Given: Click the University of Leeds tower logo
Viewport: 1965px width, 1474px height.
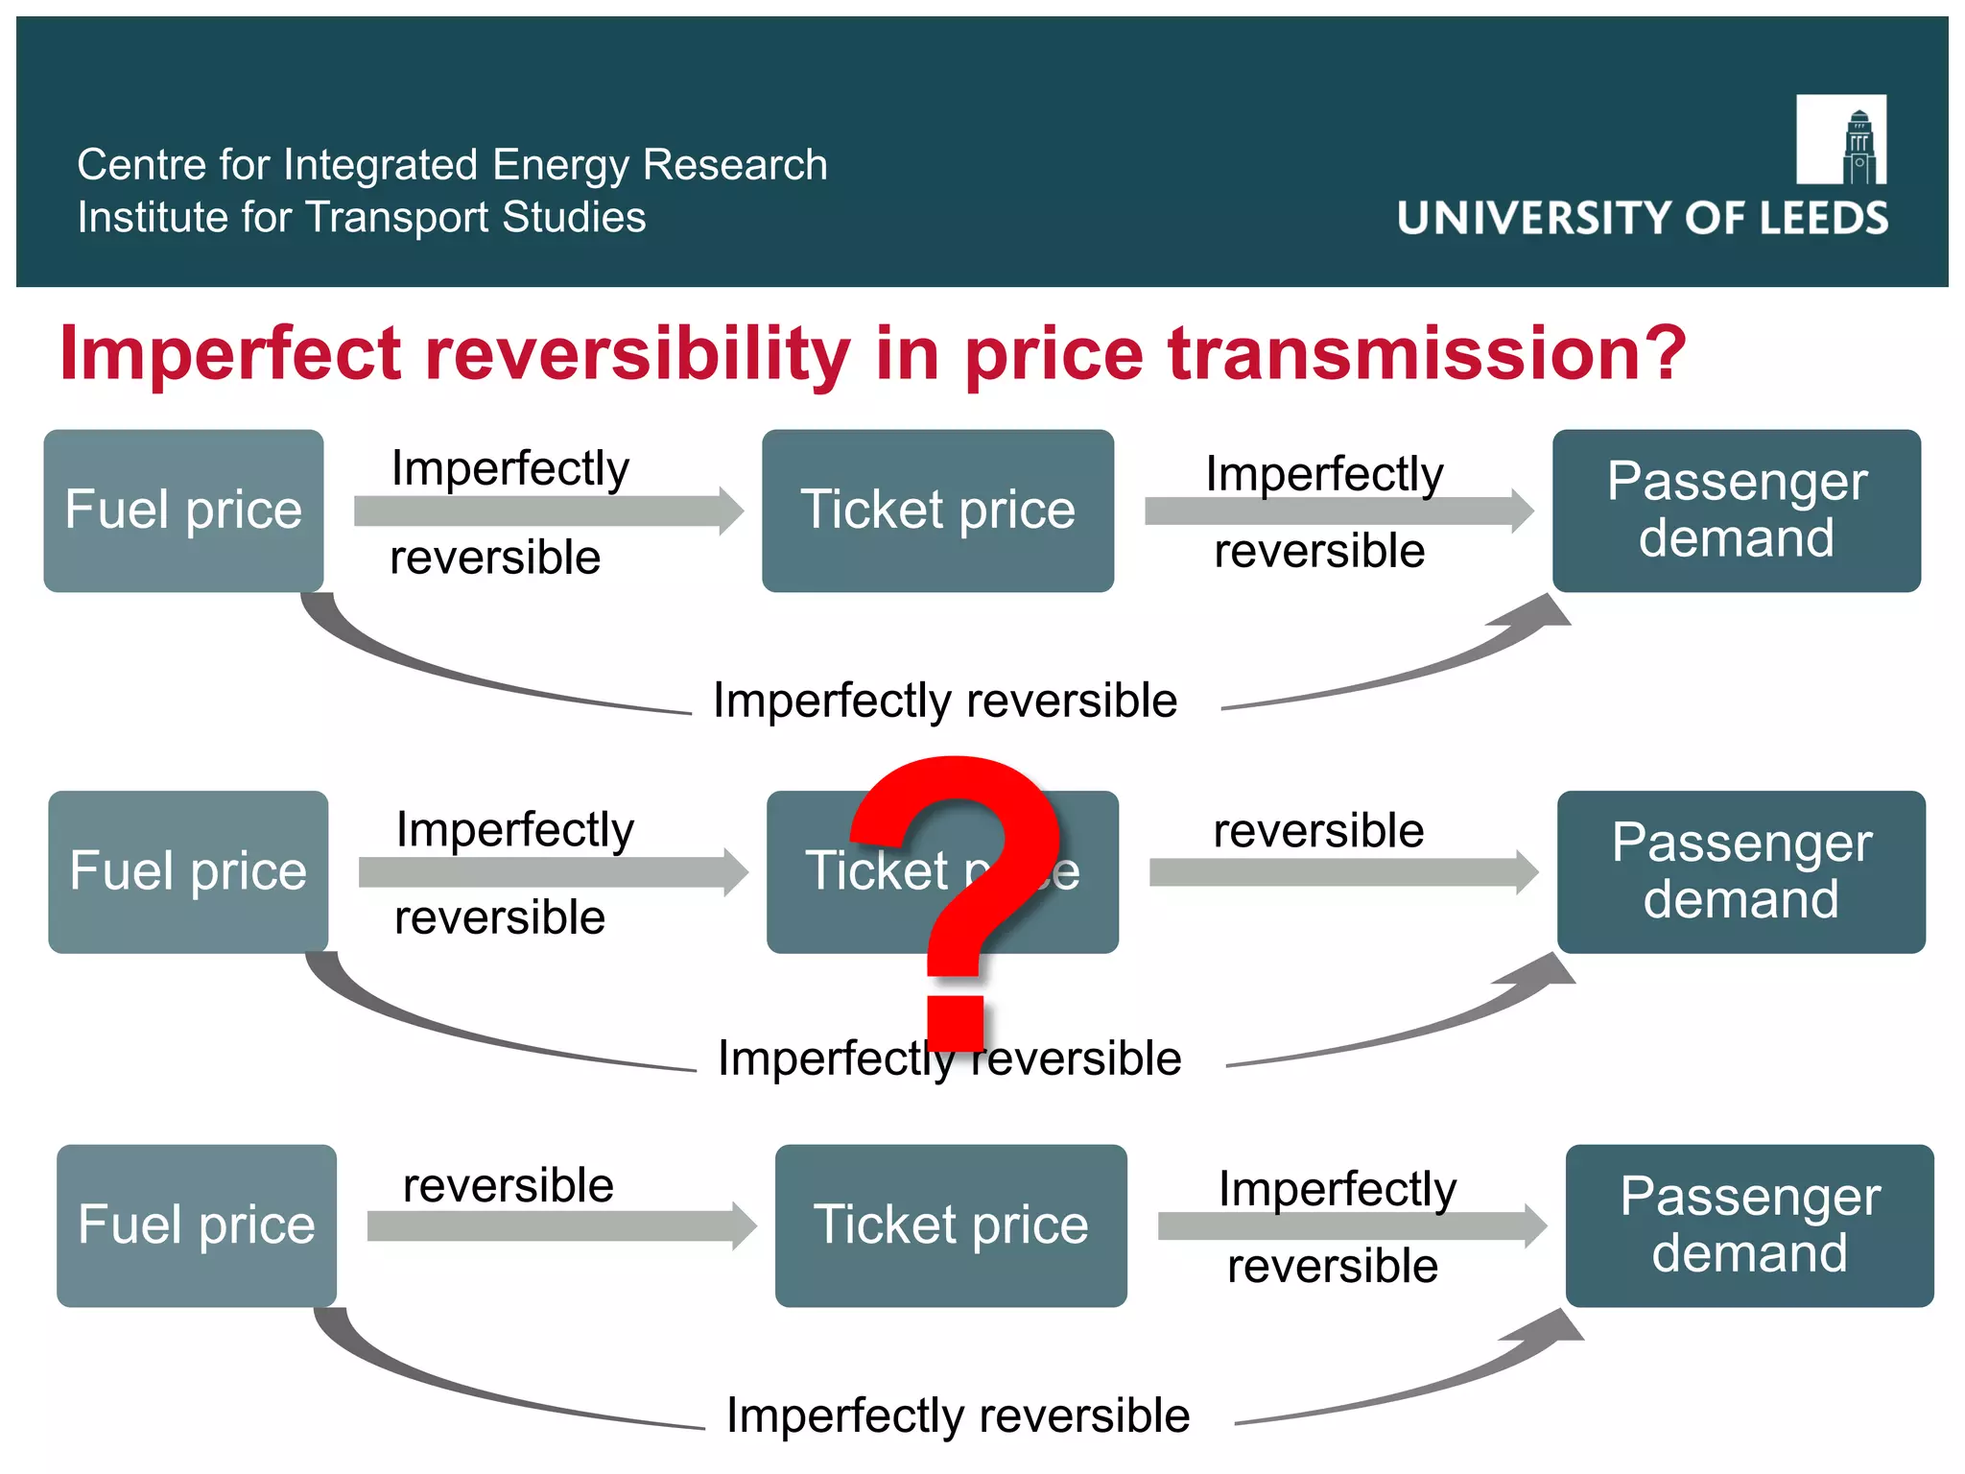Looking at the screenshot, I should (1841, 140).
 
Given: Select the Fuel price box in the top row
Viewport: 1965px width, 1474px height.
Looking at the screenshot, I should (183, 511).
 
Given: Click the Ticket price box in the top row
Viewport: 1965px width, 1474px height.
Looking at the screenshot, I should (937, 511).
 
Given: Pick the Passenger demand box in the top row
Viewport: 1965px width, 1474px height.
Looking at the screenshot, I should (1736, 511).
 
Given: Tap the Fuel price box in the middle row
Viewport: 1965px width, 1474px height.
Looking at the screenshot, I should (188, 871).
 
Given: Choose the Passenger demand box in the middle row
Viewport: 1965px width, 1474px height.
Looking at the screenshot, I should (1740, 871).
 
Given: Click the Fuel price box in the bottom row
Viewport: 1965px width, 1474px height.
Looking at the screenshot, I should (197, 1225).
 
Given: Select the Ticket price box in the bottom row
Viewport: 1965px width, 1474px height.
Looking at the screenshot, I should (951, 1225).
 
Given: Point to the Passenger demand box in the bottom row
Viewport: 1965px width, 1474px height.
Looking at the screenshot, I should (1749, 1225).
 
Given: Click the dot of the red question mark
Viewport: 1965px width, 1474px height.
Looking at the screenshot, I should (956, 1023).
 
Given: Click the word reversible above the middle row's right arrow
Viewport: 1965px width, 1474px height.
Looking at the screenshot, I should (1318, 831).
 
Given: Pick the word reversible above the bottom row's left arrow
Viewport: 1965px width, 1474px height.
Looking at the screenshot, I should (509, 1186).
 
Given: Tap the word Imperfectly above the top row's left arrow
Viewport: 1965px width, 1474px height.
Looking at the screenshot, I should (510, 469).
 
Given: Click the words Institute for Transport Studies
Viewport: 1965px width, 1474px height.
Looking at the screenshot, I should (362, 218).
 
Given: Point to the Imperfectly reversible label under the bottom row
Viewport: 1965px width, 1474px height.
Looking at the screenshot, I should (958, 1416).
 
